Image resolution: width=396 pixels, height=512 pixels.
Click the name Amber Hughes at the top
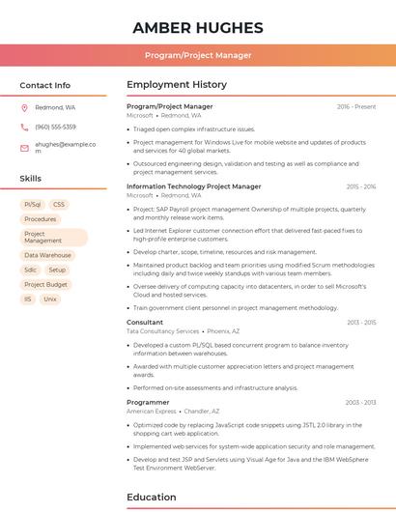click(x=197, y=27)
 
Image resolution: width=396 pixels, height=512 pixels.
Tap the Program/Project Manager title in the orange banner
click(x=197, y=55)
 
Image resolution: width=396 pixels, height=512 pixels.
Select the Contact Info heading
click(x=45, y=85)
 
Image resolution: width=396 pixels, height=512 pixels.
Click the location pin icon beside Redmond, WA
click(x=24, y=107)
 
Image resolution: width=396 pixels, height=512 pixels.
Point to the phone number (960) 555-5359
click(x=55, y=127)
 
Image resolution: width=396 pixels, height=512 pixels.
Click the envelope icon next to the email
click(x=24, y=147)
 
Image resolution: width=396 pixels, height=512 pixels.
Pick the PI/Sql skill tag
click(x=33, y=205)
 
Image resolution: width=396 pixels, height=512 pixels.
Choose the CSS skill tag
click(x=59, y=205)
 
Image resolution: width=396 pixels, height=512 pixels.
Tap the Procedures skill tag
click(x=41, y=219)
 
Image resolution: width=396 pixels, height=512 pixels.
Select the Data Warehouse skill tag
click(x=47, y=255)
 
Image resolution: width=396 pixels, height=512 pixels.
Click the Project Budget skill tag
click(x=46, y=285)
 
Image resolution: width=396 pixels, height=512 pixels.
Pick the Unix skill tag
click(x=50, y=299)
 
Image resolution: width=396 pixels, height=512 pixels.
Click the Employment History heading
click(x=177, y=85)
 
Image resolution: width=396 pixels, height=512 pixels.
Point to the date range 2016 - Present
click(x=356, y=106)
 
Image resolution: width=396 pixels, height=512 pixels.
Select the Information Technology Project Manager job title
click(x=193, y=186)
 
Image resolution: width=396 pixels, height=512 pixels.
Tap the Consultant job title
click(x=145, y=322)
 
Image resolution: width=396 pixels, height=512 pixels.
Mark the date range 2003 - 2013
click(x=360, y=402)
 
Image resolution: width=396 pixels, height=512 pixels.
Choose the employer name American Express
click(x=152, y=411)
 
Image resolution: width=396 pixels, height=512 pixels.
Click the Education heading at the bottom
click(x=153, y=498)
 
